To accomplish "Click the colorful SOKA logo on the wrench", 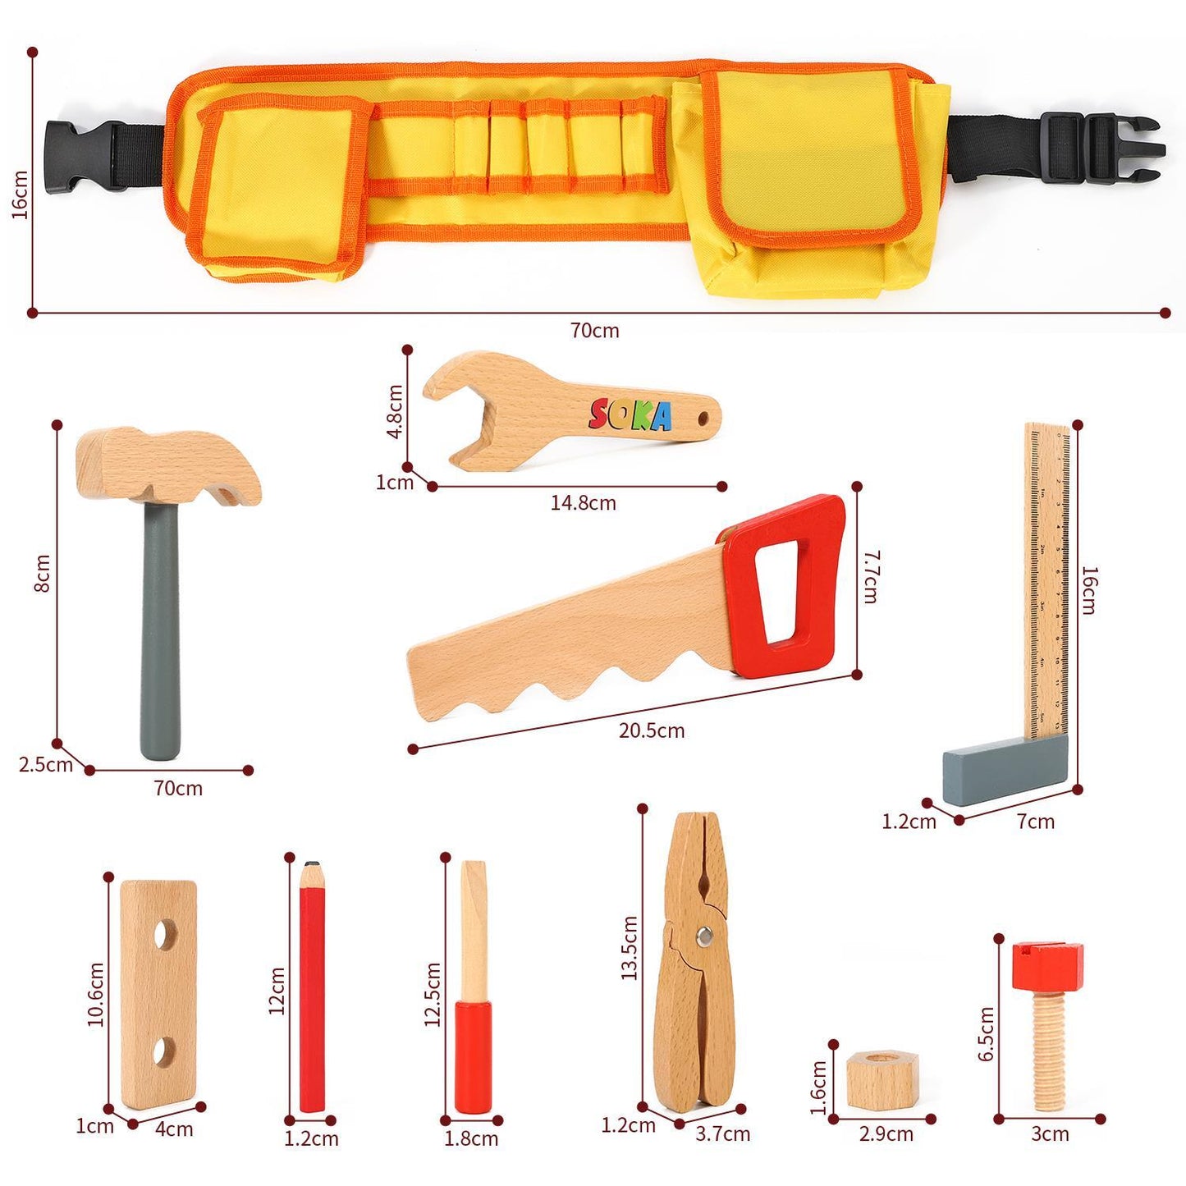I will [x=630, y=414].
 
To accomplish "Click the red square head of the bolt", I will [x=1046, y=965].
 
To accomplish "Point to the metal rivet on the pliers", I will [x=704, y=935].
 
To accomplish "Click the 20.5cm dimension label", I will [x=652, y=730].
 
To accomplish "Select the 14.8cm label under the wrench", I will [x=583, y=503].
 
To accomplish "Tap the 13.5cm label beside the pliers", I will [x=630, y=948].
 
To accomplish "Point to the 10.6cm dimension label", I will [x=96, y=994].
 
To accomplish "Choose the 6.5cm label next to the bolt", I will [x=986, y=1033].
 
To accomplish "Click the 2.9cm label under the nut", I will [x=886, y=1134].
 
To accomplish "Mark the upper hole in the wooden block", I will [x=167, y=935].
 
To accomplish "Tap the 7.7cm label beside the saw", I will [x=871, y=577].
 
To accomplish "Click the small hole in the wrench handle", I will [x=703, y=419].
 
